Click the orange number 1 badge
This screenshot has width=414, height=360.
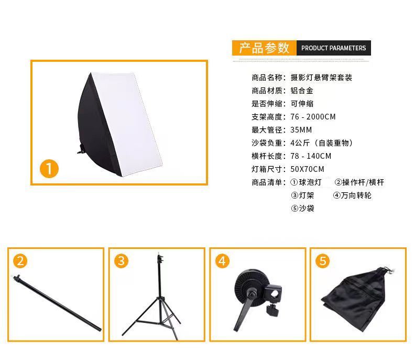[49, 168]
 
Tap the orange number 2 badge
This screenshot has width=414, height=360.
[20, 261]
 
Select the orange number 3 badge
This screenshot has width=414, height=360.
[121, 261]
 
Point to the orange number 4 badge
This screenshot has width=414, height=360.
[222, 261]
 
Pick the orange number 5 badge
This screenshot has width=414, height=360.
[323, 261]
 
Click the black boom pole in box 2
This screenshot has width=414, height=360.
[57, 303]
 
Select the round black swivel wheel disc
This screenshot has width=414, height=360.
[249, 288]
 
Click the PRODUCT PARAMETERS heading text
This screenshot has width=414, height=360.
[333, 48]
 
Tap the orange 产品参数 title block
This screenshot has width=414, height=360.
[264, 48]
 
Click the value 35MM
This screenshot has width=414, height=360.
[301, 130]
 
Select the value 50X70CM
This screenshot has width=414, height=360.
[307, 169]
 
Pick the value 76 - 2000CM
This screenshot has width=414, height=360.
[313, 117]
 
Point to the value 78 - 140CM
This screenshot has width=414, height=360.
[311, 156]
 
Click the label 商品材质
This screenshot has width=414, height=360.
[267, 91]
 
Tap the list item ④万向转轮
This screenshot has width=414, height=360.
[352, 195]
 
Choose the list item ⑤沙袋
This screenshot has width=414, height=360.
[302, 209]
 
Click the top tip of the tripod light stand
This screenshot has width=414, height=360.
[159, 253]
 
